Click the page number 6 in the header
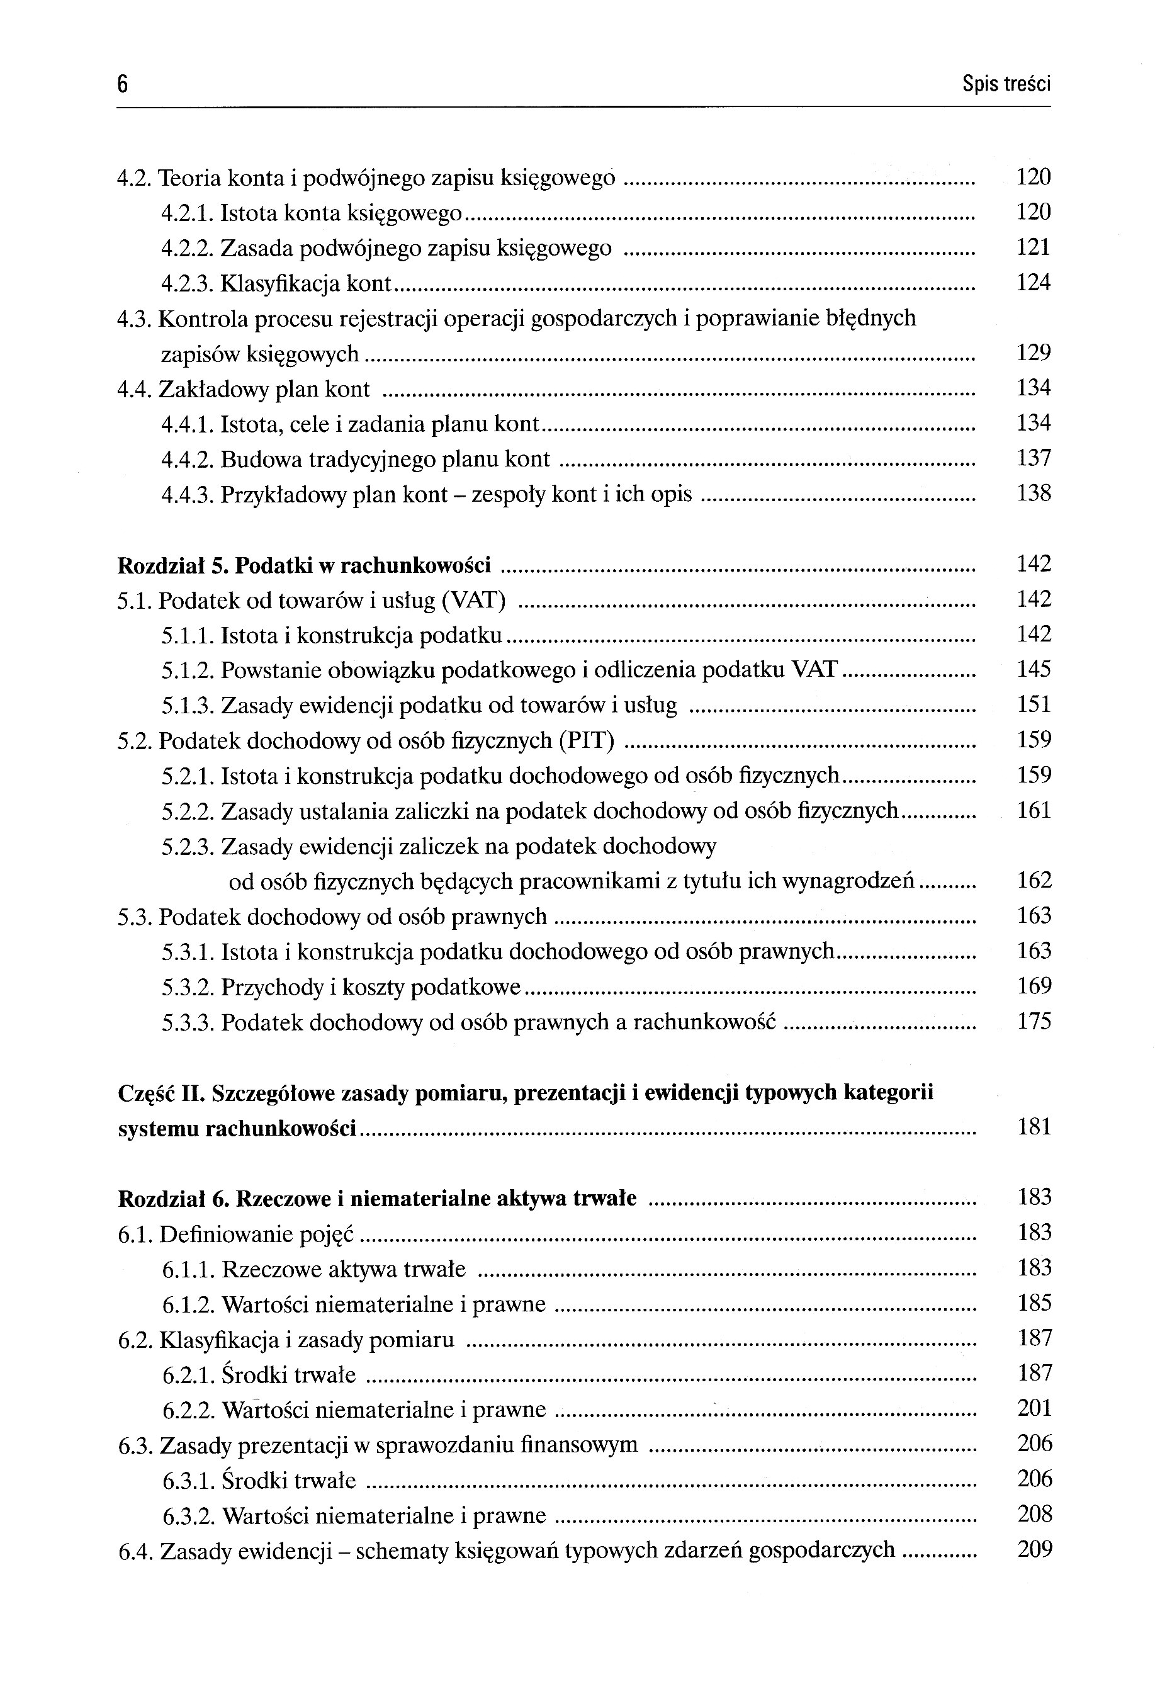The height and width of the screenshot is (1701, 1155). coord(122,86)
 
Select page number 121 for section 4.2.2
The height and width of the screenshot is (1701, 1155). coord(1033,247)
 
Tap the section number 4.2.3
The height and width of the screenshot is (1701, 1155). coord(188,283)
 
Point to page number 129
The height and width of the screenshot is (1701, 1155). coord(1033,354)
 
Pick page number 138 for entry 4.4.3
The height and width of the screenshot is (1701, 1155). coord(1033,494)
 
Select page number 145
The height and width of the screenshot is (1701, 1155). coord(1033,669)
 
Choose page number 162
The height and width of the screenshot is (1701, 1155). coord(1034,881)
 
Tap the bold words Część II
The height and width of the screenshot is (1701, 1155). coord(162,1093)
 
